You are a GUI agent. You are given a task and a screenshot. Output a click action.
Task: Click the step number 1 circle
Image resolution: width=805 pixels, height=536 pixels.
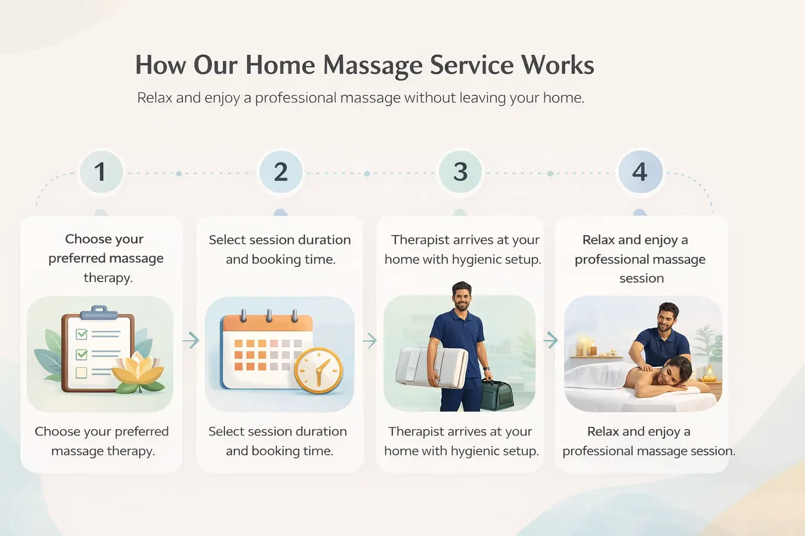tap(101, 172)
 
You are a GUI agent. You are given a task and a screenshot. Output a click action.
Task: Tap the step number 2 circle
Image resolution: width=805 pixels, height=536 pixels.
tap(281, 172)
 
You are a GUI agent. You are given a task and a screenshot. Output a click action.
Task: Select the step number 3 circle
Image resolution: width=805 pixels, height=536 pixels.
tap(460, 172)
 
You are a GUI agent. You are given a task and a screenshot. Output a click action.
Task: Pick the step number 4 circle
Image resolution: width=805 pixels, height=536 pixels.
tap(640, 172)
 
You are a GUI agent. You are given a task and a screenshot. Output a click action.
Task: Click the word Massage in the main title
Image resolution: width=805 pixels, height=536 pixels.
tap(372, 66)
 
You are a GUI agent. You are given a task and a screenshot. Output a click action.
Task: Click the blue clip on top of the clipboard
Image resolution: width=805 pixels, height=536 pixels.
tap(99, 312)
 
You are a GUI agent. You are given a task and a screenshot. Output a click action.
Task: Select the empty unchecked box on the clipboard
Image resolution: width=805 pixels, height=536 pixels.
tap(82, 373)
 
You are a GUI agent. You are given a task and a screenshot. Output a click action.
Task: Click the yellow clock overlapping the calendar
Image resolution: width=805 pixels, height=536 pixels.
tap(319, 370)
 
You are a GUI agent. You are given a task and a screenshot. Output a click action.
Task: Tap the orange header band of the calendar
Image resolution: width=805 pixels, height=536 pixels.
tap(268, 323)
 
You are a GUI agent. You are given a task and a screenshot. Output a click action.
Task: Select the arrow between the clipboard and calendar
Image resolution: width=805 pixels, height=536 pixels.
tap(191, 340)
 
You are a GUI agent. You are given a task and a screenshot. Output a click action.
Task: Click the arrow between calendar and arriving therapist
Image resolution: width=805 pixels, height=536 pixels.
tap(370, 340)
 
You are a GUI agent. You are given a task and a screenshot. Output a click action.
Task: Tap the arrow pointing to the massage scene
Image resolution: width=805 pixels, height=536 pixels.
tap(550, 340)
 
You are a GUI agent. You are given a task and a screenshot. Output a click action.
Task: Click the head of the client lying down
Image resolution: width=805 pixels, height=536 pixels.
tap(676, 371)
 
